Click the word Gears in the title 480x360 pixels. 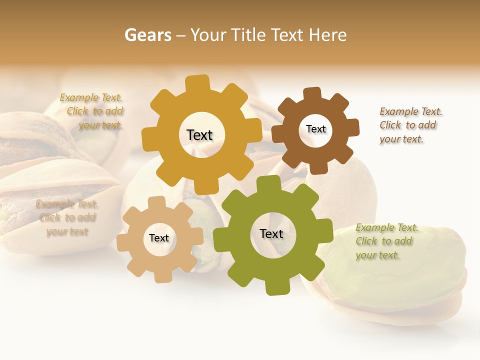point(147,35)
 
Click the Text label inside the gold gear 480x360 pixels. point(199,135)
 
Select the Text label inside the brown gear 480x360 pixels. point(315,129)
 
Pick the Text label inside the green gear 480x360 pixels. point(271,233)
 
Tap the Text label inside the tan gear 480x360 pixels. point(158,238)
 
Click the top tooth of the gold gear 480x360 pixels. point(198,83)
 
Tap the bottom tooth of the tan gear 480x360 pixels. point(161,275)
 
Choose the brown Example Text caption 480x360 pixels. point(410,125)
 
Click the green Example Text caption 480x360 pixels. point(386,241)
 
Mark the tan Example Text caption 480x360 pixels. point(67,217)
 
